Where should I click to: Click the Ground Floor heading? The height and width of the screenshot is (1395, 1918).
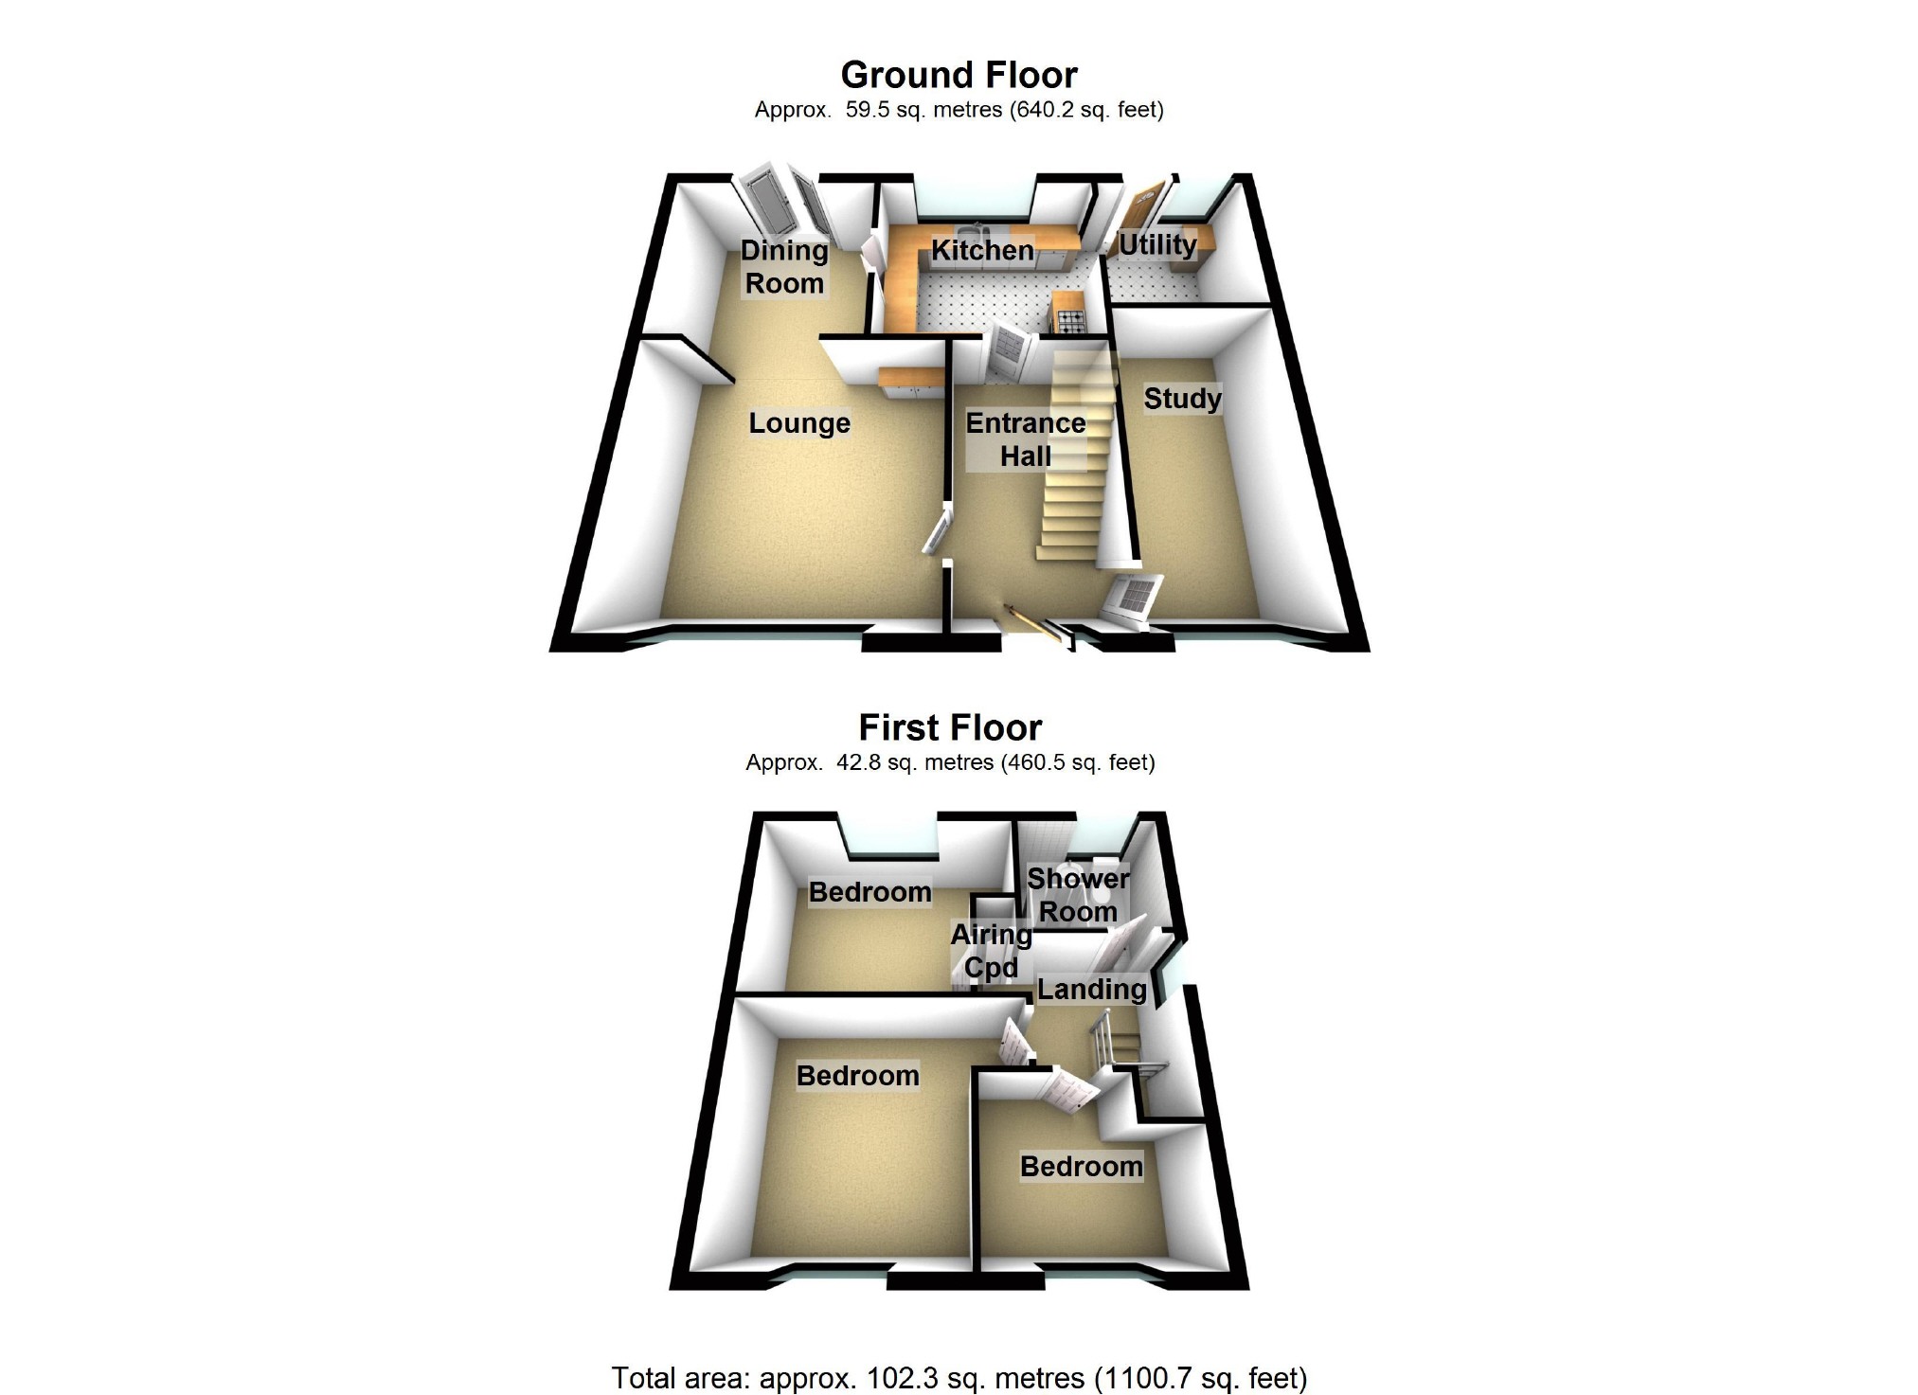click(959, 75)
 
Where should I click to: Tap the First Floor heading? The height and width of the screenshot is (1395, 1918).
click(950, 727)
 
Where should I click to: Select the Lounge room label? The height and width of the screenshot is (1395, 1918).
click(799, 423)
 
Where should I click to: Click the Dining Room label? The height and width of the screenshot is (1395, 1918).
click(783, 267)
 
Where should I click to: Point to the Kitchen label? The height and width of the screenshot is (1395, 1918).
click(982, 250)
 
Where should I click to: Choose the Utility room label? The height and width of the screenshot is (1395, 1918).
click(1157, 245)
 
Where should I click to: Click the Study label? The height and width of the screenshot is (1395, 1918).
click(1182, 399)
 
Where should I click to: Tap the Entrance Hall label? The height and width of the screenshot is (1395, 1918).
click(1026, 439)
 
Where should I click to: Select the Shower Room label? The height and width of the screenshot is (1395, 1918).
click(1078, 895)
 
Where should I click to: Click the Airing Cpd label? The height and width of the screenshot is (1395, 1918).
click(991, 951)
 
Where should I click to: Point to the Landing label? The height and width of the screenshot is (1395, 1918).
click(1092, 990)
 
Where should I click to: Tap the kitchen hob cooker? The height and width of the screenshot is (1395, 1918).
click(1070, 322)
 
